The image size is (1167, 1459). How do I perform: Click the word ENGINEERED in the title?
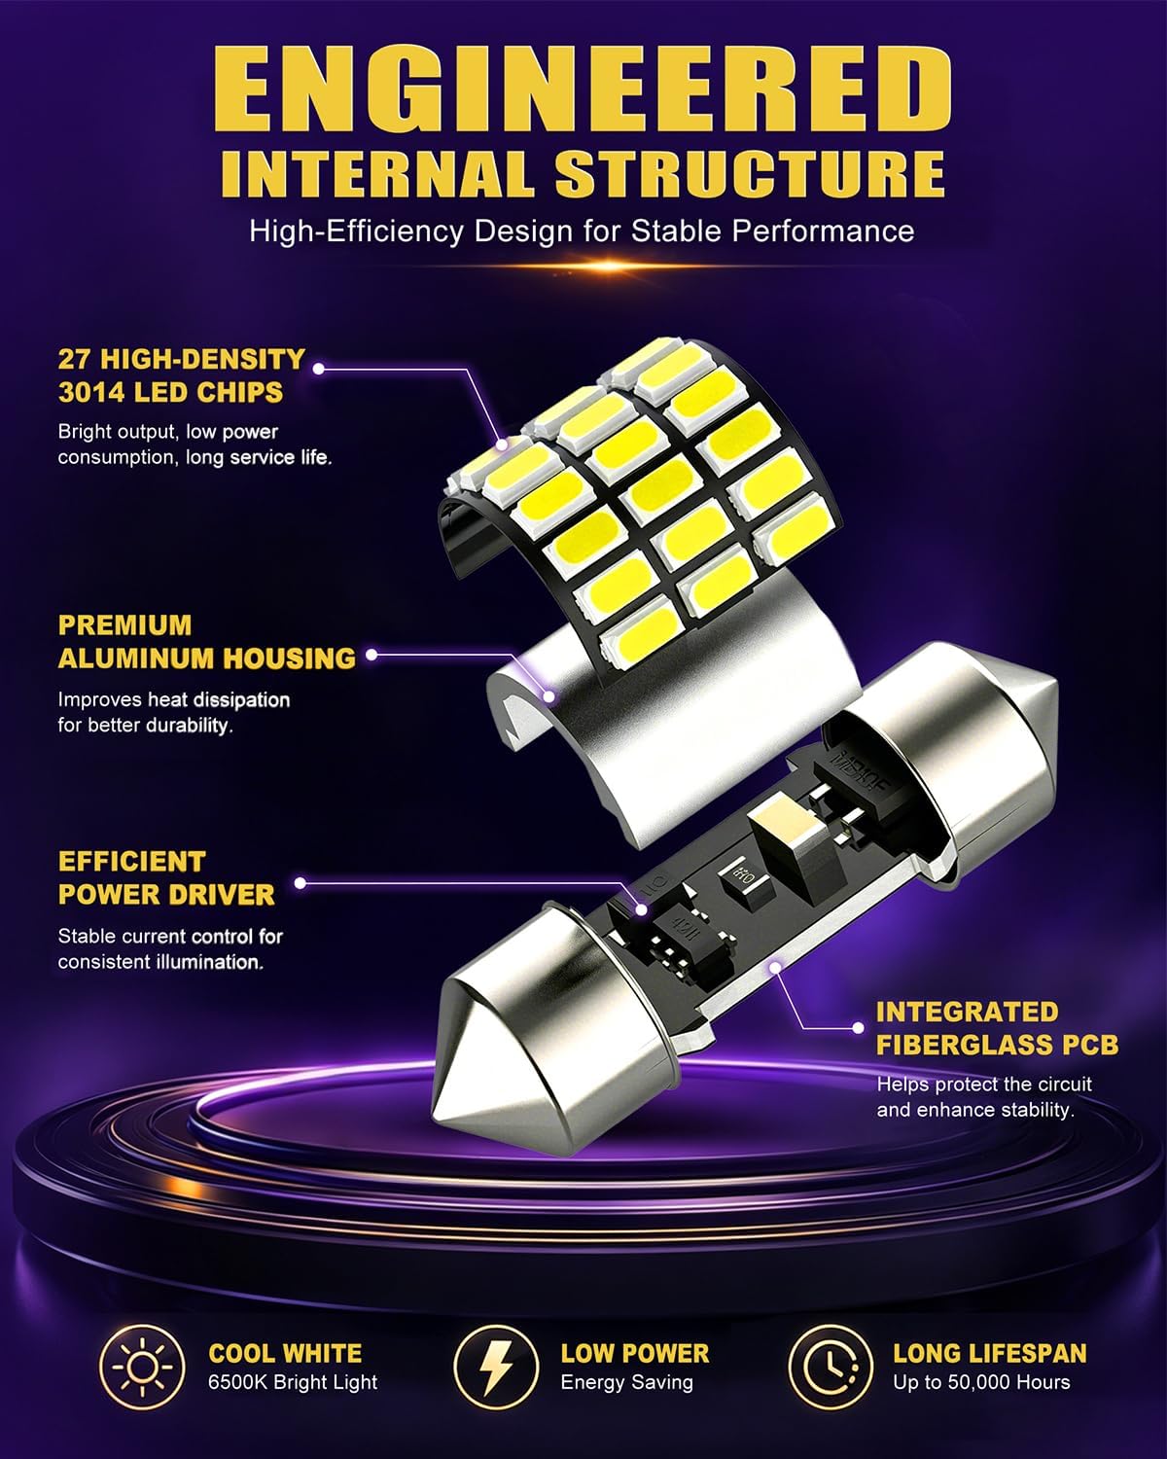[583, 89]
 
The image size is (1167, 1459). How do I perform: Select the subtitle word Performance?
[823, 231]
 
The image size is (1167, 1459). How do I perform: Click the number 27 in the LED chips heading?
[74, 359]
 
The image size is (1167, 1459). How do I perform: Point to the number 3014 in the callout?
[91, 393]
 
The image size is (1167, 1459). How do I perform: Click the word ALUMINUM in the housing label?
[135, 658]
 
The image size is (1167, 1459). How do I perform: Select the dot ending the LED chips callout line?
[318, 368]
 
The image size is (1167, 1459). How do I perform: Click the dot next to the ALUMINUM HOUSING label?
[371, 655]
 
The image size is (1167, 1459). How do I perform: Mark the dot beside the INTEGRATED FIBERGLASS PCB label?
[859, 1028]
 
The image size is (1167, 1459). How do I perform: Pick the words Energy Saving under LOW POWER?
[626, 1383]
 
